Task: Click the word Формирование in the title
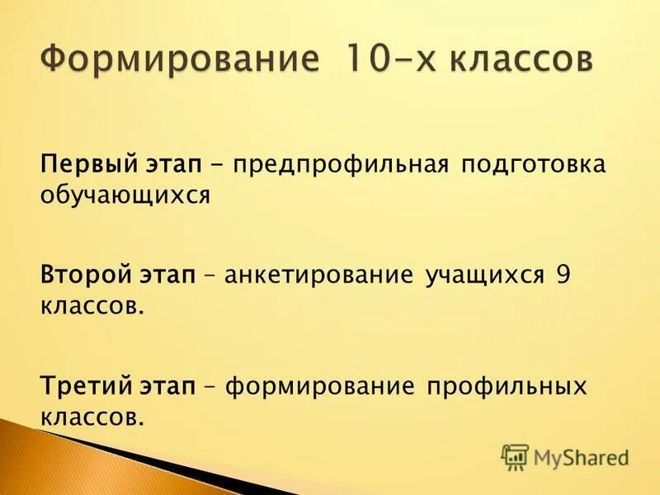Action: point(177,62)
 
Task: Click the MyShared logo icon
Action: point(515,457)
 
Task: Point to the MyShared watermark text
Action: point(582,457)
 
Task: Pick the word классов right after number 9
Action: point(89,306)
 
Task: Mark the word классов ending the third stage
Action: point(89,417)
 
